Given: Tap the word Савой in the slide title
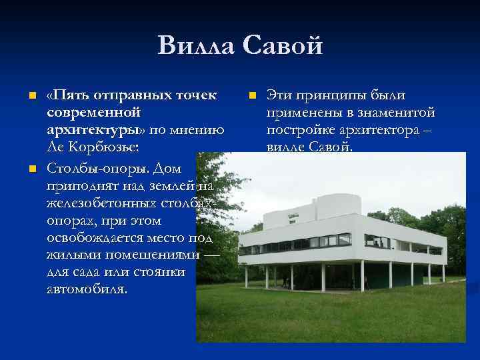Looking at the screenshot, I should (x=283, y=46).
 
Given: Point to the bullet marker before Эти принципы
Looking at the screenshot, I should (x=252, y=97).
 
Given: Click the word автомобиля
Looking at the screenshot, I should (x=87, y=289).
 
